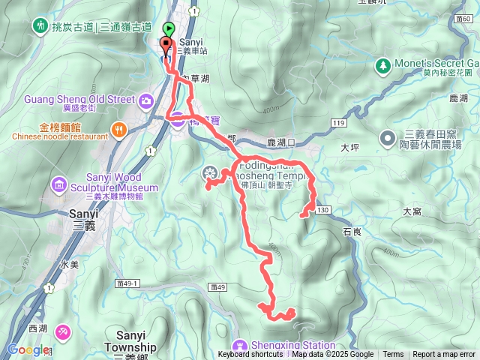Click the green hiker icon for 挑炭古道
click(39, 27)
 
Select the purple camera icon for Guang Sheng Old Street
click(145, 99)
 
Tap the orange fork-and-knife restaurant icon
click(118, 130)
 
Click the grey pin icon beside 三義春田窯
click(387, 138)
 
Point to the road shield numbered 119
click(335, 122)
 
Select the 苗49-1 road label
click(129, 283)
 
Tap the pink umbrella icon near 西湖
click(63, 331)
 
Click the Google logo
click(28, 349)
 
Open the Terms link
click(393, 355)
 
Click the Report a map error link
click(444, 355)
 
